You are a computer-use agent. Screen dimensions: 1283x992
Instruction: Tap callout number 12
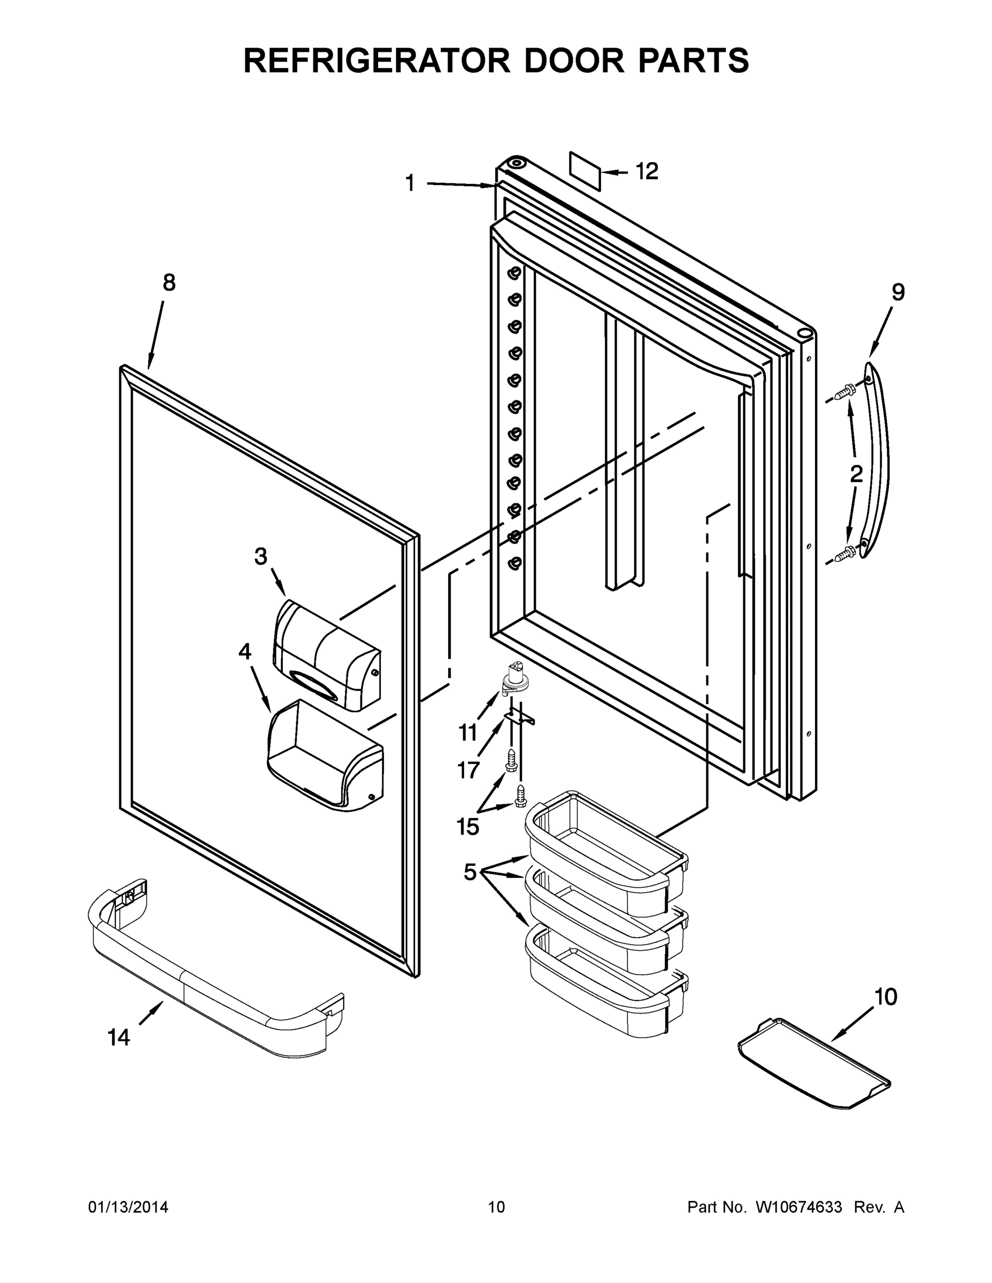pos(647,172)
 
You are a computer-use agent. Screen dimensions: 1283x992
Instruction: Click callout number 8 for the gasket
pos(168,283)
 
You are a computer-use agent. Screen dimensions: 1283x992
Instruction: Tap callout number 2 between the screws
pos(856,474)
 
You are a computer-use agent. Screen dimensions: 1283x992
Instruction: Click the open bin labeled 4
pos(325,755)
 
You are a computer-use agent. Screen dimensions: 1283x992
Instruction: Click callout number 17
pos(468,770)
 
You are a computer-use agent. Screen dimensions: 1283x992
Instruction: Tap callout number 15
pos(468,826)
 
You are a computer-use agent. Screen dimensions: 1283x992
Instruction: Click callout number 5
pos(470,872)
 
